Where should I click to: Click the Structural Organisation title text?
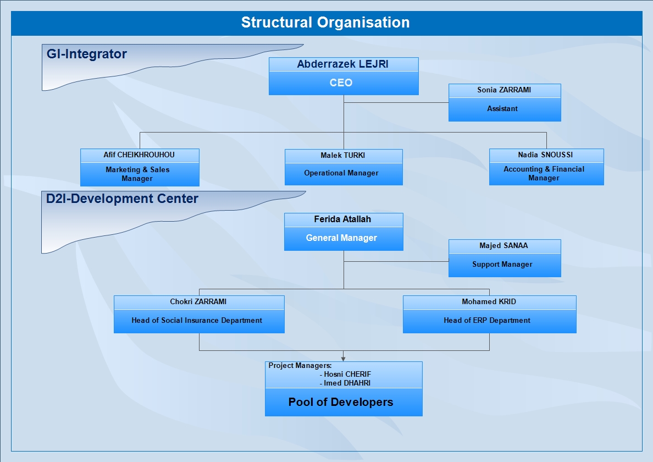tap(325, 23)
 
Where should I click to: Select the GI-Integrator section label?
tap(87, 54)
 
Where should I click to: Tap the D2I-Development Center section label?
tap(122, 199)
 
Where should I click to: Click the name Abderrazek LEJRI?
tap(343, 64)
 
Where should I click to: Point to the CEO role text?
tap(341, 83)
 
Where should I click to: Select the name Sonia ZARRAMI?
tap(504, 90)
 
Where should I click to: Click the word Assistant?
tap(502, 109)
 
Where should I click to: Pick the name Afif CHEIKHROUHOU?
tap(139, 155)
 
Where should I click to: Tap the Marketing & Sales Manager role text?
tap(137, 174)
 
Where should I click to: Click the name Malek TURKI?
tap(343, 156)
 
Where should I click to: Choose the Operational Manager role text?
tap(341, 173)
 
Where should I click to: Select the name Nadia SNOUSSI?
tap(545, 155)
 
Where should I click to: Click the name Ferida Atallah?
tap(342, 219)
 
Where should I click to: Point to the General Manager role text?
tap(341, 238)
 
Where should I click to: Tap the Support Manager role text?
tap(502, 265)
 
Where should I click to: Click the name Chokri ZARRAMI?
tap(198, 301)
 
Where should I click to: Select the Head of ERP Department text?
tap(487, 320)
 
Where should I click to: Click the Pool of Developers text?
tap(341, 402)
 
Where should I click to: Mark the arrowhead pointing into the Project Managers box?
tap(344, 359)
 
